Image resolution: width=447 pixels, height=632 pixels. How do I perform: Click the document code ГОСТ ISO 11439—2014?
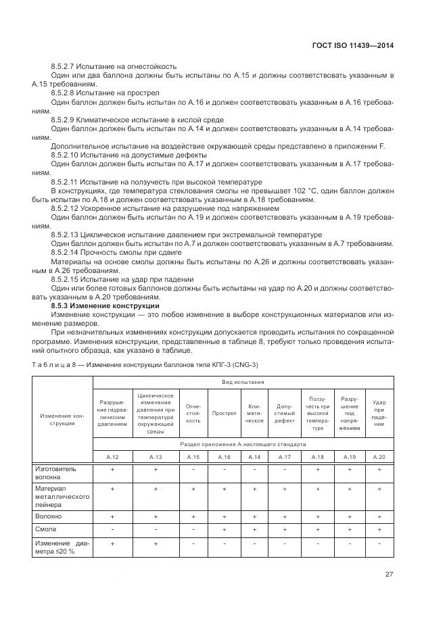click(353, 45)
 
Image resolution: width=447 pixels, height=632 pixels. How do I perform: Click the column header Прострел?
click(223, 411)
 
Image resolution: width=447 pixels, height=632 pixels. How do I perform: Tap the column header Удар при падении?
click(379, 411)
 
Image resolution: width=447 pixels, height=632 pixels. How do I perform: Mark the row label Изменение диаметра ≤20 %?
click(61, 548)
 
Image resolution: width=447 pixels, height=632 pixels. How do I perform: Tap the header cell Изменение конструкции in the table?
click(62, 418)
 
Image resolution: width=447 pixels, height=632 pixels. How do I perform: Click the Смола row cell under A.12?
click(112, 529)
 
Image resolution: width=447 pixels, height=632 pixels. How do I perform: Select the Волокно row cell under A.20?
click(379, 516)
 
